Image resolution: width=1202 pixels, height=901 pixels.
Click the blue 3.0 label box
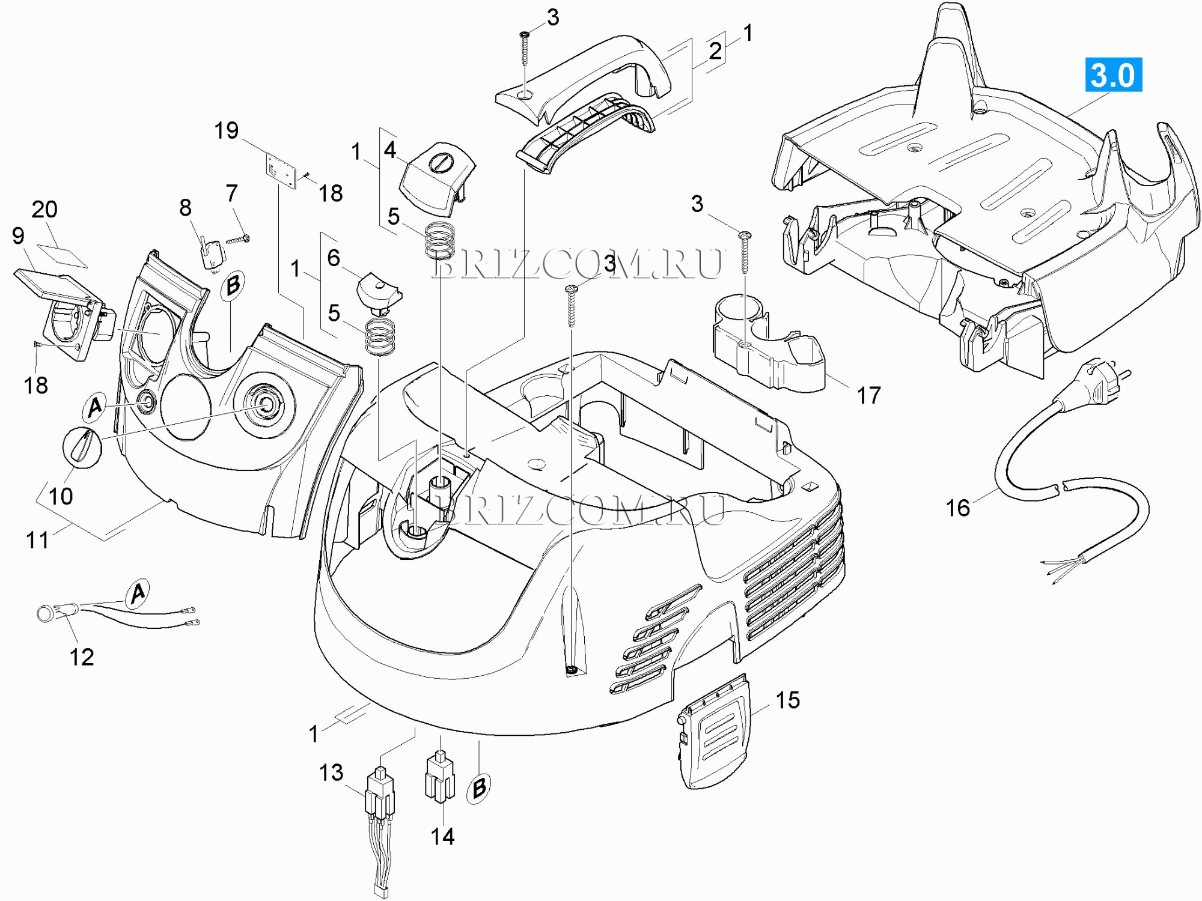click(1113, 75)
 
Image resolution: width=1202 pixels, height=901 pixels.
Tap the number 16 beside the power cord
click(957, 508)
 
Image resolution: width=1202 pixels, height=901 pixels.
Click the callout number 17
click(868, 395)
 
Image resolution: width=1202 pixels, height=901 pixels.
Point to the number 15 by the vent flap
click(787, 700)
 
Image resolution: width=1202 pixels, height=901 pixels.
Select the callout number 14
click(442, 836)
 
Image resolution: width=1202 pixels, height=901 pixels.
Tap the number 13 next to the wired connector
click(331, 772)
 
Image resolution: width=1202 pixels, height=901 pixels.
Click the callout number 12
click(82, 657)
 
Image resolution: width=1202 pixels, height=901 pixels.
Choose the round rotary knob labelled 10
click(82, 447)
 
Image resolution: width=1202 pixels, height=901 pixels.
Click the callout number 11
click(37, 540)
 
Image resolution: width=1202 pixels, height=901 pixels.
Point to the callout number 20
click(44, 210)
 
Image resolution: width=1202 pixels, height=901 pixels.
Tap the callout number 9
click(18, 236)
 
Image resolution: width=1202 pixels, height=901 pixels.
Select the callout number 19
click(227, 130)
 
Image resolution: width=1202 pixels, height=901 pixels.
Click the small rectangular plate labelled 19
click(282, 171)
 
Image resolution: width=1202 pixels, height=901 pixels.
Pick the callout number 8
click(185, 208)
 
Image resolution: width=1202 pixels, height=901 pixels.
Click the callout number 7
click(232, 193)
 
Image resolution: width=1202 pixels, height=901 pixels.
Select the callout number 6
click(334, 258)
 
